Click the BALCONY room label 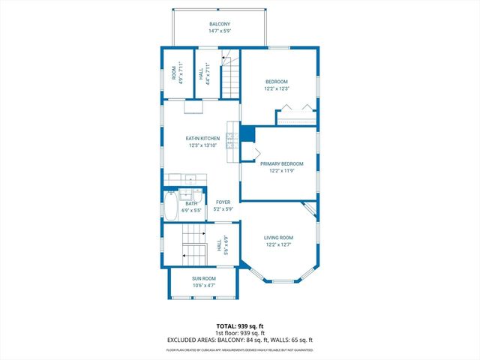[220, 24]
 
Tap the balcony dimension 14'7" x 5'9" [220, 31]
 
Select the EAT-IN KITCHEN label [202, 138]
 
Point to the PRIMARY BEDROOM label [281, 163]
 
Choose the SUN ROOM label [204, 278]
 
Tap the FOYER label [223, 202]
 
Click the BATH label [192, 203]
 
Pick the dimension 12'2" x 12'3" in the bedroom [276, 88]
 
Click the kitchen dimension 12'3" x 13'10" [202, 145]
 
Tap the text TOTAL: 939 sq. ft [239, 325]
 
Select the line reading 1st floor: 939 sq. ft [239, 333]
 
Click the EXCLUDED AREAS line [239, 340]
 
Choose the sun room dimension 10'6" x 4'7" [204, 285]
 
